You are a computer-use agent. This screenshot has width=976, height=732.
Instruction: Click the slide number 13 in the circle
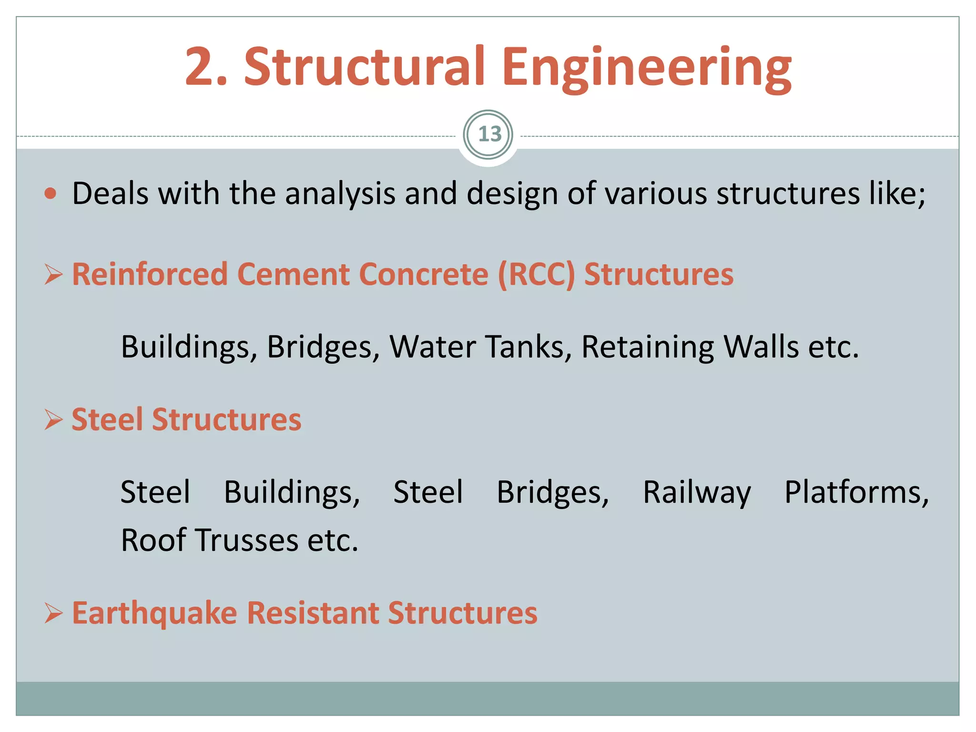pyautogui.click(x=489, y=134)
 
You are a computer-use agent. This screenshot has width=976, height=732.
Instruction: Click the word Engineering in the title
pyautogui.click(x=647, y=67)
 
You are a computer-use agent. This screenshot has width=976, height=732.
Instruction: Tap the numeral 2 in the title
pyautogui.click(x=199, y=67)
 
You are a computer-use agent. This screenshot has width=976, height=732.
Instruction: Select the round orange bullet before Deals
pyautogui.click(x=51, y=193)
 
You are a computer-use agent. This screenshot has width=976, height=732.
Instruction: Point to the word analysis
pyautogui.click(x=340, y=194)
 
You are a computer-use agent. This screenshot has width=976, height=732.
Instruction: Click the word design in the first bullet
pyautogui.click(x=512, y=194)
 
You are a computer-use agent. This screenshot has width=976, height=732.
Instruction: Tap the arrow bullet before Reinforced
pyautogui.click(x=53, y=275)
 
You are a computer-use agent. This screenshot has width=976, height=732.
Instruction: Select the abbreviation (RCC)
pyautogui.click(x=536, y=275)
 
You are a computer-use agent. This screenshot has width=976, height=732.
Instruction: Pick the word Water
pyautogui.click(x=432, y=346)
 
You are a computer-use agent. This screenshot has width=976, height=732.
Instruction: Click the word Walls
pyautogui.click(x=761, y=346)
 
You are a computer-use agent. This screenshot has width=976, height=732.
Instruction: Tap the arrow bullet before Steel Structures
pyautogui.click(x=53, y=420)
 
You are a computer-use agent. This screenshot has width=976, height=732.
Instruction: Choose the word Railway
pyautogui.click(x=697, y=492)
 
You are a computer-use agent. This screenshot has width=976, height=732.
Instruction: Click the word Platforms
pyautogui.click(x=856, y=492)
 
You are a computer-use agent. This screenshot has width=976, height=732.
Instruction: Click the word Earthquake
pyautogui.click(x=154, y=613)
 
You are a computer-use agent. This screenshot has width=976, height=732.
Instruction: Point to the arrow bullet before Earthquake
pyautogui.click(x=53, y=613)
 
